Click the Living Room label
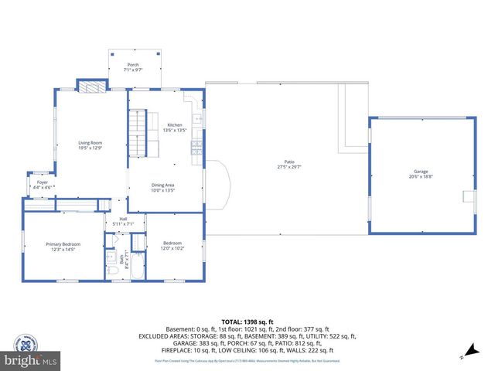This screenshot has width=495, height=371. coord(90,143)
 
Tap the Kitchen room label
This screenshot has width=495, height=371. coord(175,124)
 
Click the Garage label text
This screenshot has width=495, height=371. coord(421,172)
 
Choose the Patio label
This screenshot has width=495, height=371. coord(289,162)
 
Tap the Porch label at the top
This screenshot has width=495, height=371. coord(133,65)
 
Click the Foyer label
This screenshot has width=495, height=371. coord(43,182)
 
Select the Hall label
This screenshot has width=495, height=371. coord(123,219)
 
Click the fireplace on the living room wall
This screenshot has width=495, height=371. coord(90,86)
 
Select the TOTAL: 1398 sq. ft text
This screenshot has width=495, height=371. coord(247,321)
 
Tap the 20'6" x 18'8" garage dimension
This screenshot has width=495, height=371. coord(421,177)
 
